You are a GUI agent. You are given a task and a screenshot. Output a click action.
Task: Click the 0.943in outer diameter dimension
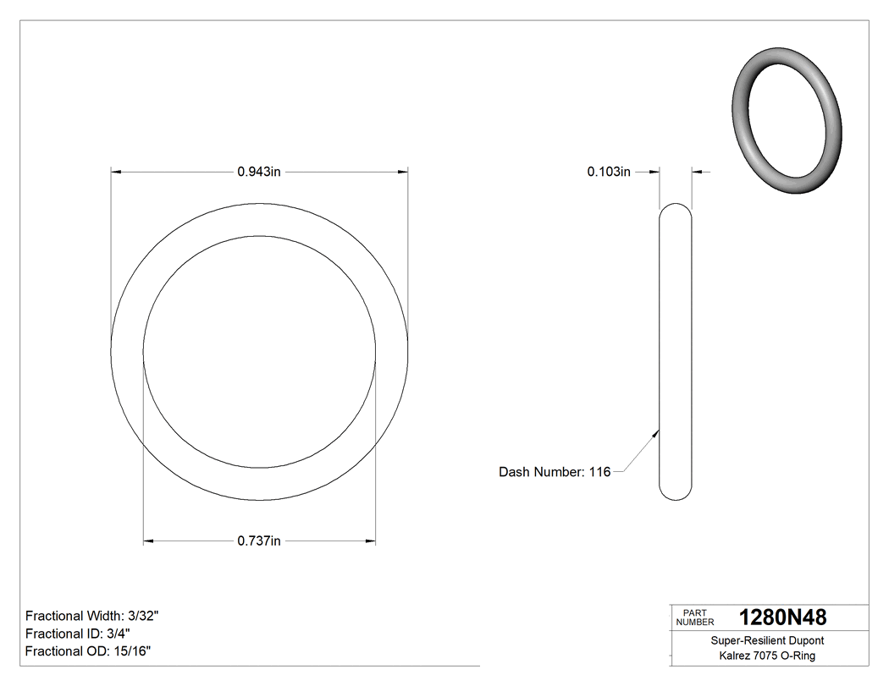click(259, 172)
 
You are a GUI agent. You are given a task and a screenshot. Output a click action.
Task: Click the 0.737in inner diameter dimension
click(259, 541)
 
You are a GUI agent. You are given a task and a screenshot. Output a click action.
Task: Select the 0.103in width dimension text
click(609, 172)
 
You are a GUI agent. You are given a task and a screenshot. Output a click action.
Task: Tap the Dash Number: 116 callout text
click(555, 472)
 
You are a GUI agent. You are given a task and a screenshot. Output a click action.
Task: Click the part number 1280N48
click(782, 617)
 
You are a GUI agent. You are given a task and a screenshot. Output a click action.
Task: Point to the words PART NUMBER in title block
click(695, 617)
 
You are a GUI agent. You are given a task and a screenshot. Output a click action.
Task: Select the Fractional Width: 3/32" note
click(92, 616)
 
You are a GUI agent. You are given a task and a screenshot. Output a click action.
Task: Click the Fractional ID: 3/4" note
click(78, 634)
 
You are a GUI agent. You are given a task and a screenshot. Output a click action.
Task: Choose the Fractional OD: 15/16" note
click(88, 650)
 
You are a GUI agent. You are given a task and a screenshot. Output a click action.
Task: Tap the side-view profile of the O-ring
click(675, 351)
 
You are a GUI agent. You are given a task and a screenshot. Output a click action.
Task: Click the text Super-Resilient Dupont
click(767, 641)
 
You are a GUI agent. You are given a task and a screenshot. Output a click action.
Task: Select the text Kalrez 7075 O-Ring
click(767, 656)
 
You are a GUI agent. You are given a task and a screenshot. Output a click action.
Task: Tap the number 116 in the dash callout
click(599, 472)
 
